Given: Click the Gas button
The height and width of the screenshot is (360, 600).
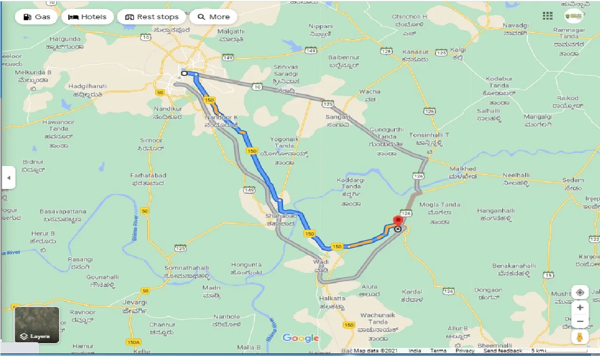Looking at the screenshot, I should pyautogui.click(x=36, y=17).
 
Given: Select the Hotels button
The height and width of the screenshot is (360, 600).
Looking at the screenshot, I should pyautogui.click(x=88, y=17).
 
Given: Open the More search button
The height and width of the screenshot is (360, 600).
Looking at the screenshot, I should pyautogui.click(x=213, y=17).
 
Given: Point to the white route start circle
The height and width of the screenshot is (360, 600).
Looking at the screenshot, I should pyautogui.click(x=184, y=73).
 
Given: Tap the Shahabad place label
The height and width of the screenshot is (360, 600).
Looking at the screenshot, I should pyautogui.click(x=281, y=216).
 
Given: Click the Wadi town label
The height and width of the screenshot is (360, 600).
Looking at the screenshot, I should pyautogui.click(x=321, y=262).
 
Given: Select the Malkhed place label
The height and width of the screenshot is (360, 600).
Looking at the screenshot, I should pyautogui.click(x=463, y=169).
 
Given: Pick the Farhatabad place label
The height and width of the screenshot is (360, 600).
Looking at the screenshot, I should pyautogui.click(x=148, y=175).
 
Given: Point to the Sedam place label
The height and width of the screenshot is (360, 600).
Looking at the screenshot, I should pyautogui.click(x=573, y=180).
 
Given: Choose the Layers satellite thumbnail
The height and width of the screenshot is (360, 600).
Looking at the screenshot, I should pyautogui.click(x=37, y=324).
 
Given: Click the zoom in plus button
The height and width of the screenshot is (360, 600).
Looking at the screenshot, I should pyautogui.click(x=580, y=307).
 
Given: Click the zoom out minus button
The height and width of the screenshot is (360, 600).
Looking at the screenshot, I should pyautogui.click(x=580, y=322).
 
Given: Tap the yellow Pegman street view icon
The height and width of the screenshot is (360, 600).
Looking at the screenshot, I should pyautogui.click(x=580, y=337).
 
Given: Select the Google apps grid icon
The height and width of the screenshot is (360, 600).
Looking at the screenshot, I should pyautogui.click(x=547, y=16).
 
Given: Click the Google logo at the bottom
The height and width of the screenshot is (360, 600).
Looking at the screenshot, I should pyautogui.click(x=300, y=338).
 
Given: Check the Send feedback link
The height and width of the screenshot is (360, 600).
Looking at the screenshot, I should pyautogui.click(x=503, y=351).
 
